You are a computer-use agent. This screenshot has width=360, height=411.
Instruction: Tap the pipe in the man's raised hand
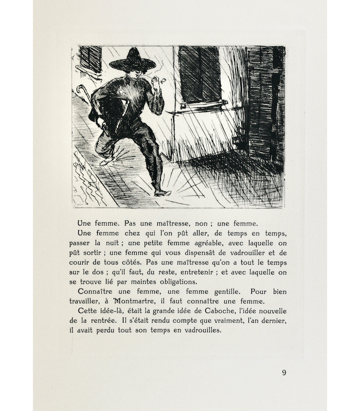164,81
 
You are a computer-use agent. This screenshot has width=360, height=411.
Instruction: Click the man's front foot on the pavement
162,193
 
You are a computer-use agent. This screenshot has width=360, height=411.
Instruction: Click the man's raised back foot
105,161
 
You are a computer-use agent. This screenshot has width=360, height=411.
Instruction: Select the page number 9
284,373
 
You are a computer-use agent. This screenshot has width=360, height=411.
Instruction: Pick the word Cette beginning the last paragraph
87,312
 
